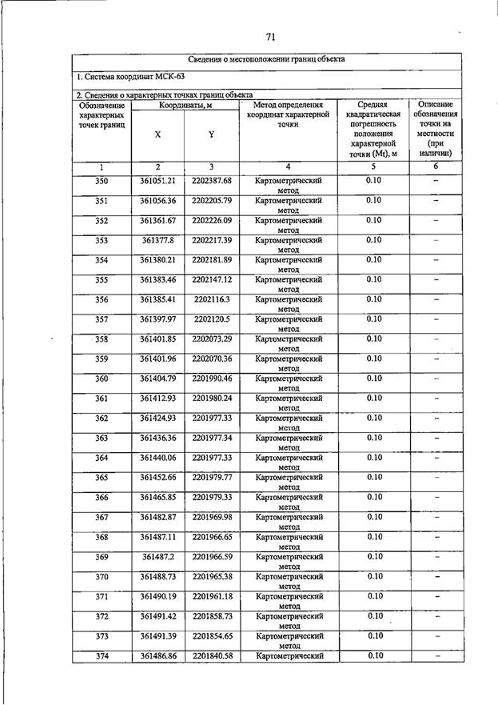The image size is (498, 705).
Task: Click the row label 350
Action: (x=102, y=181)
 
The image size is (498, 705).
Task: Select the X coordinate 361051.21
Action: (x=157, y=181)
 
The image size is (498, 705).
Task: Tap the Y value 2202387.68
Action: (x=212, y=181)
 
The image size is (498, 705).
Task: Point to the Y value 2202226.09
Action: (x=212, y=220)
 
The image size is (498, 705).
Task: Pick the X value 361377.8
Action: (x=157, y=240)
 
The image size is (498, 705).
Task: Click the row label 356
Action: (x=102, y=299)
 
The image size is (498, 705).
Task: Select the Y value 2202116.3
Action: (x=212, y=299)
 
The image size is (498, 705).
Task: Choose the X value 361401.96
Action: (x=157, y=359)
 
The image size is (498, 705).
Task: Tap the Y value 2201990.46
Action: (x=212, y=379)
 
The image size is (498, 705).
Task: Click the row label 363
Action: (x=102, y=438)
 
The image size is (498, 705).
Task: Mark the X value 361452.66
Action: (x=157, y=478)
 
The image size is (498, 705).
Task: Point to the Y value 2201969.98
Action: (x=212, y=517)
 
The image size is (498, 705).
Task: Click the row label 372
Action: (x=102, y=616)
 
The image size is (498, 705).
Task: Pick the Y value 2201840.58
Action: (x=212, y=656)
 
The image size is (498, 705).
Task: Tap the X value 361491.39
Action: (x=157, y=636)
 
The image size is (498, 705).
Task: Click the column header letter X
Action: (x=157, y=135)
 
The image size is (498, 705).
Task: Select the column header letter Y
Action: (x=211, y=135)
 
